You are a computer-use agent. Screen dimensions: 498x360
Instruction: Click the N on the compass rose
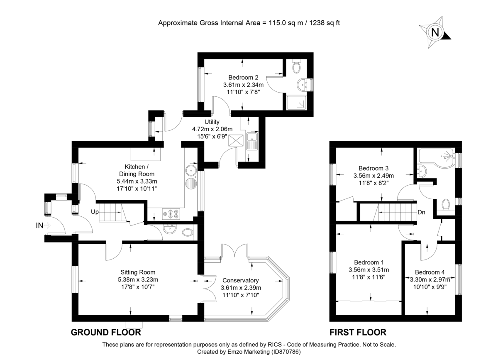pos(435,32)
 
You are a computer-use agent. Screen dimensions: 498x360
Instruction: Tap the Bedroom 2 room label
pos(243,77)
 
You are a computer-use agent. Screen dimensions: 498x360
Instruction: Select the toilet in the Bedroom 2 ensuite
pos(296,66)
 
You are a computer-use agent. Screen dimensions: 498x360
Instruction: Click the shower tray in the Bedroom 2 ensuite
pos(296,103)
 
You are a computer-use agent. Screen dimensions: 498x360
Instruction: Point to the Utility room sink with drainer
pos(252,141)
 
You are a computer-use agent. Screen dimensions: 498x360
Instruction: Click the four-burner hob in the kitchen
pos(171,214)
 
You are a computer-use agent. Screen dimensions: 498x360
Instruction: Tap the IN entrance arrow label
pos(39,225)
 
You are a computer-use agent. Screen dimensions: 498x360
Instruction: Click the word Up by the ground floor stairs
pos(95,212)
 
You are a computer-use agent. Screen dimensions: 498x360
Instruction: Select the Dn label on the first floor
pos(421,212)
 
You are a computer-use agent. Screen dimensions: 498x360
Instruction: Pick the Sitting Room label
pos(138,272)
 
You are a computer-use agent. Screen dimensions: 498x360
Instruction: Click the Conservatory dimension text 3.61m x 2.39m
pos(241,288)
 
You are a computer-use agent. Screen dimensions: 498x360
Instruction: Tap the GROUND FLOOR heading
pos(106,332)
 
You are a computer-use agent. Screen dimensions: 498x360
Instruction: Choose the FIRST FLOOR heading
pos(358,332)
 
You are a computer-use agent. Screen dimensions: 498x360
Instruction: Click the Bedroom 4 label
pos(430,272)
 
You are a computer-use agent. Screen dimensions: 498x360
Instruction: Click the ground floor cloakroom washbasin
pos(170,229)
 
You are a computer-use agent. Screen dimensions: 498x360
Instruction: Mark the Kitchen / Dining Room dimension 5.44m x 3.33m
pos(137,181)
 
